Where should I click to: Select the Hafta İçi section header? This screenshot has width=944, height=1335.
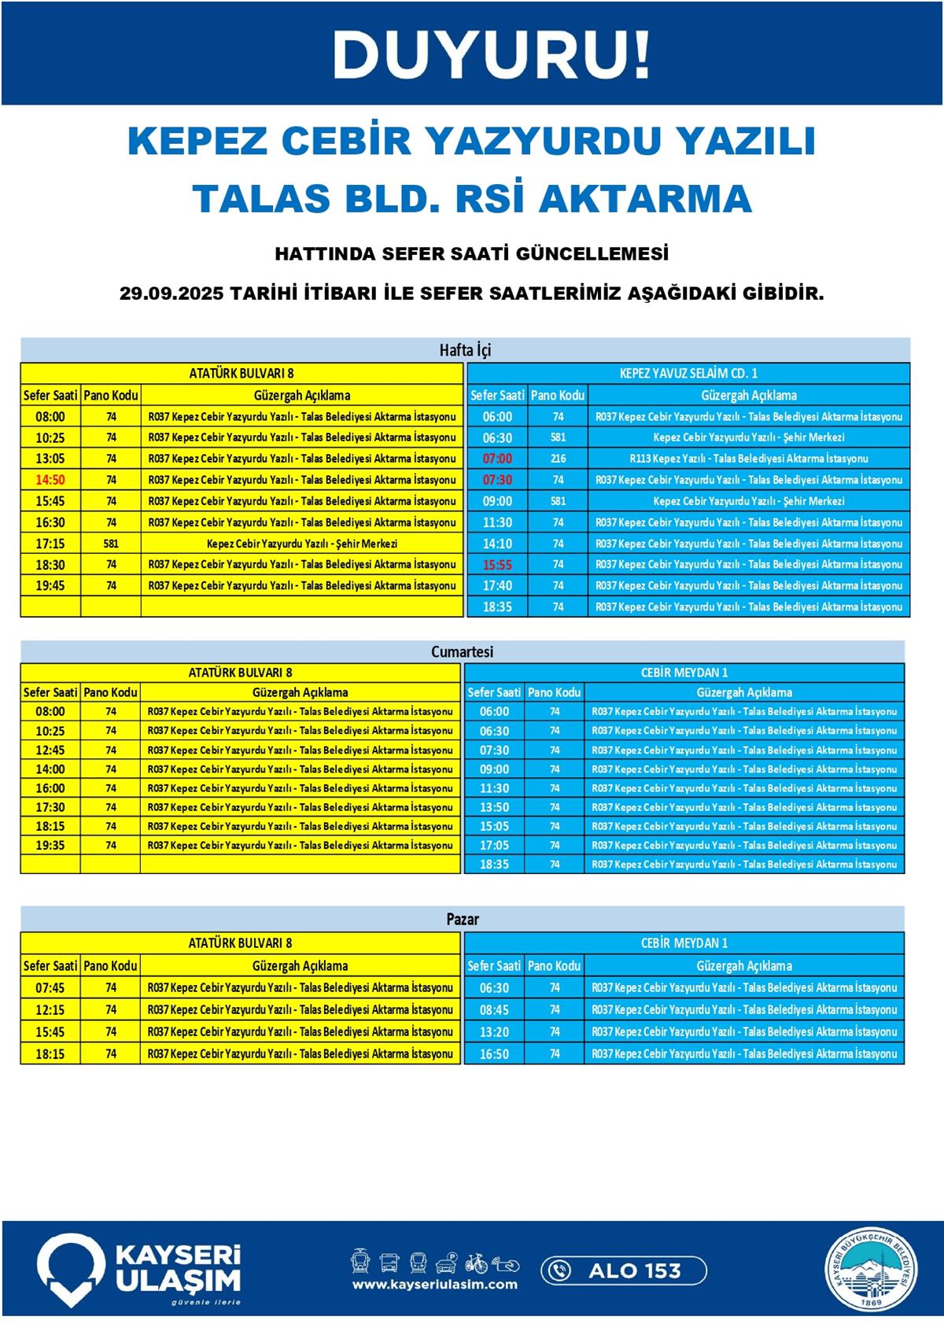coord(465,350)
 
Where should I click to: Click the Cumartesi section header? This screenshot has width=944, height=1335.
coord(463,651)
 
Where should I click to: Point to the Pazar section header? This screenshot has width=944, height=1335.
coord(463,918)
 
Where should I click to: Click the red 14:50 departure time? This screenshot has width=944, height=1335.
coord(50,480)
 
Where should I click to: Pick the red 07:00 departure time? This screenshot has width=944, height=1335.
coord(497,459)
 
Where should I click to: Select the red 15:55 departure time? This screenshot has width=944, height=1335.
coord(497,565)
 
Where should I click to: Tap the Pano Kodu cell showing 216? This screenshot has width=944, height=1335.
coord(558,459)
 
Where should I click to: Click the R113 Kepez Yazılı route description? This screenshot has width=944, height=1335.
coord(748,459)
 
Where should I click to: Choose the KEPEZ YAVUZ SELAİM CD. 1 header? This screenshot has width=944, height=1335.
coord(688,373)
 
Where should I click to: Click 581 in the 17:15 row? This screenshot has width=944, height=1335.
coord(111,544)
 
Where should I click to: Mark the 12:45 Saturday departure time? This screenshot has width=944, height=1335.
coord(50,750)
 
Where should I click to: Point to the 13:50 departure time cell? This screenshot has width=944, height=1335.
coord(494,807)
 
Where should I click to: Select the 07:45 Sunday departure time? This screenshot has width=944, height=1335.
coord(50,987)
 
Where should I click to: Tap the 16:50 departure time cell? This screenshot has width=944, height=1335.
coord(494,1053)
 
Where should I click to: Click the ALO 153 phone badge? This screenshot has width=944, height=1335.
coord(623,1270)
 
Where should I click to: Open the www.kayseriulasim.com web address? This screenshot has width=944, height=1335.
coord(434,1285)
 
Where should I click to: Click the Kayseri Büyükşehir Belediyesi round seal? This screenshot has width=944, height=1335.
coord(871,1271)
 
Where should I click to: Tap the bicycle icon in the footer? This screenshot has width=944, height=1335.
coord(476,1263)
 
